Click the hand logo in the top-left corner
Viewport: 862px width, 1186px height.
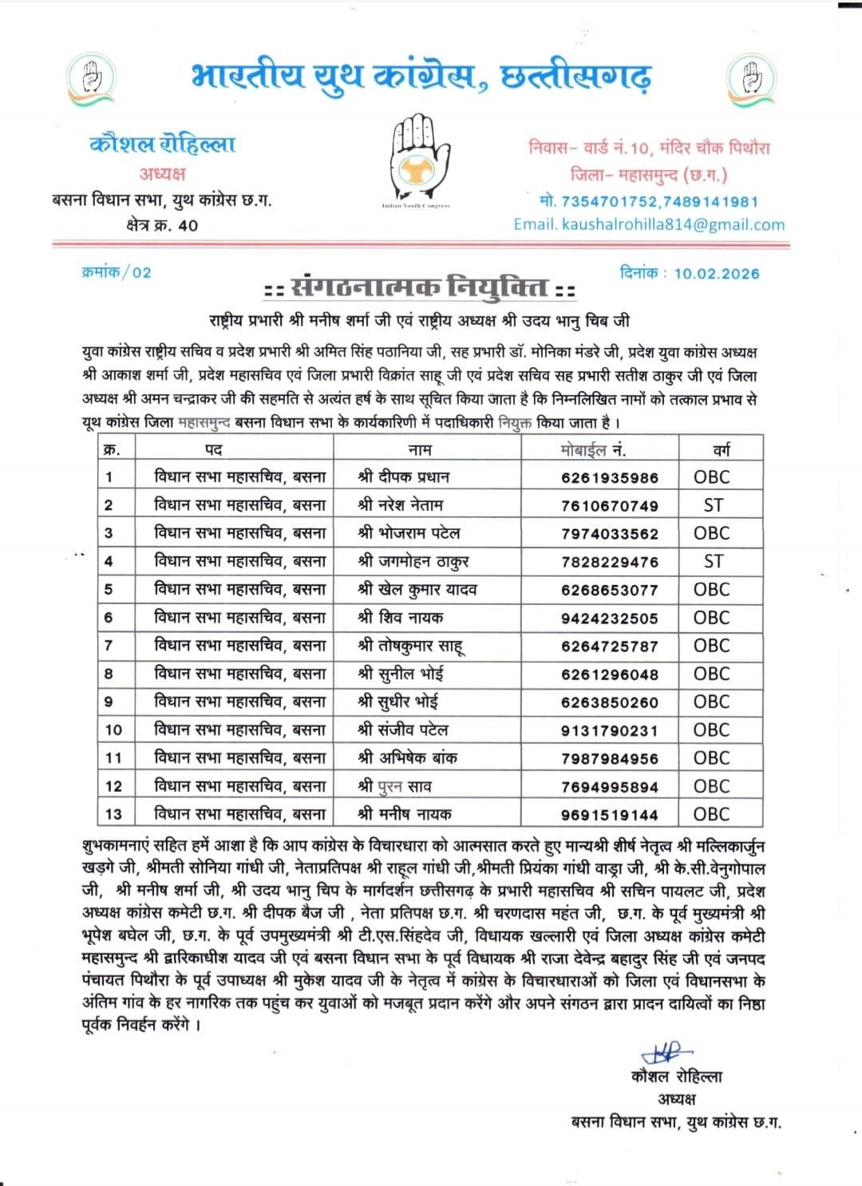point(93,77)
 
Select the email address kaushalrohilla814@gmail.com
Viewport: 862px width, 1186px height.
point(649,224)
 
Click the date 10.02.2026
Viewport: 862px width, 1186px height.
point(716,273)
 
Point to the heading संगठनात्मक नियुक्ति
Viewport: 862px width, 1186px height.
point(420,287)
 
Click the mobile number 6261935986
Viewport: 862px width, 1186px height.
point(610,478)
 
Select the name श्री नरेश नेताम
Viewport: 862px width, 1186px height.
point(401,505)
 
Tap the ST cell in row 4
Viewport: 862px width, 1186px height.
point(714,562)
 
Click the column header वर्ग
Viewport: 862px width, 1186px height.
point(722,450)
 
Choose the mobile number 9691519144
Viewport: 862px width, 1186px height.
point(610,815)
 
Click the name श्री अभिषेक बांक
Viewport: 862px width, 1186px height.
point(408,758)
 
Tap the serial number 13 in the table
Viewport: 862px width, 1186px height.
point(114,815)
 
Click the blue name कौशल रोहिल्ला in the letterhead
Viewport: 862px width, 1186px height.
point(163,144)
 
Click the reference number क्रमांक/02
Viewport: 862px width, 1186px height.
point(117,272)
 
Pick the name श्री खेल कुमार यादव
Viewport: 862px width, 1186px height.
point(417,590)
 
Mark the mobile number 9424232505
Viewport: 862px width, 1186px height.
point(610,619)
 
